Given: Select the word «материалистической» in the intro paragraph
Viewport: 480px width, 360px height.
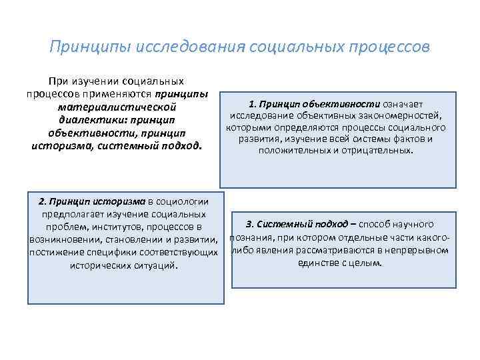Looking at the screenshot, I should coord(117,106).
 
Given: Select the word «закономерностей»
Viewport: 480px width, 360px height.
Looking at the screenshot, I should coord(401,116).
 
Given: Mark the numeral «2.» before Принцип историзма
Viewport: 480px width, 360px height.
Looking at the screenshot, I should coord(43,201).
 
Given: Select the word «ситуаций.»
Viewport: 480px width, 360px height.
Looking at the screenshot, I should coord(157,265).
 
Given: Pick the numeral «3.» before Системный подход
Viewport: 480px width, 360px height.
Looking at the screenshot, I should coord(250,224).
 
